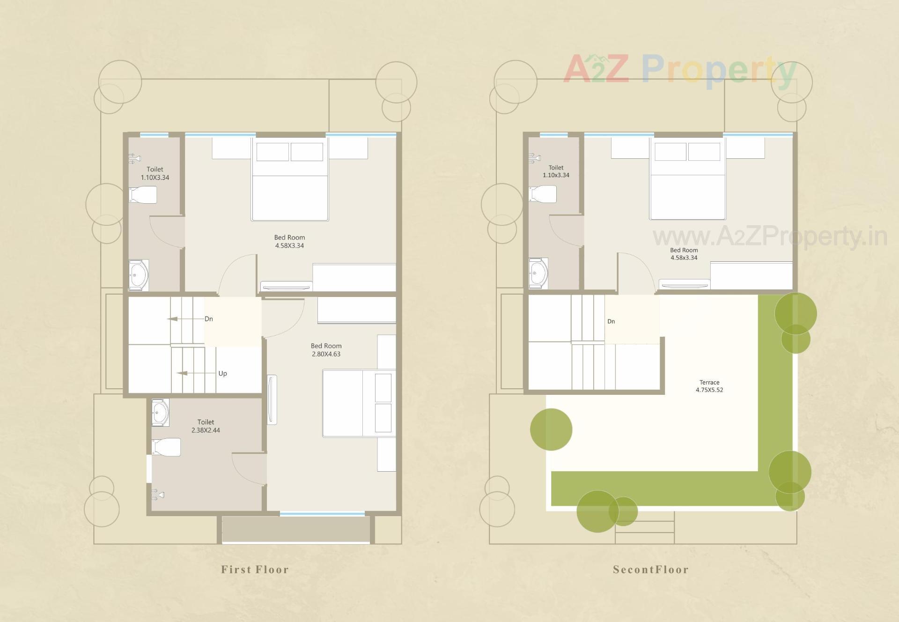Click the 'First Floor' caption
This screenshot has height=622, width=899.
[x=255, y=570]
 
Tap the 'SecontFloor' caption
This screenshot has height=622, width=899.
[x=651, y=570]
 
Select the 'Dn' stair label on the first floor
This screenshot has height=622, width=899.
[x=209, y=319]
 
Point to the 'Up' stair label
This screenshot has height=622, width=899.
[x=222, y=373]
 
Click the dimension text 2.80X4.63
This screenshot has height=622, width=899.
[x=326, y=354]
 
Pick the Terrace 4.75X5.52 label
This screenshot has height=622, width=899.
[x=709, y=386]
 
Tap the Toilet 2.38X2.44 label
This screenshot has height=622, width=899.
[x=206, y=426]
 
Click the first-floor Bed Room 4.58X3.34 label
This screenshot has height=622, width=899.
[x=289, y=242]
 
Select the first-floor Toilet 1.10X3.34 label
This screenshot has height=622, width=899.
[x=155, y=173]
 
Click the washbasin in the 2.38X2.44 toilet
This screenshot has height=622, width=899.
[x=160, y=413]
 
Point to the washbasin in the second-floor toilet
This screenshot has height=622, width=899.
[x=538, y=273]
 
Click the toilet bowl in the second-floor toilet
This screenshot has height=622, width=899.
[x=543, y=194]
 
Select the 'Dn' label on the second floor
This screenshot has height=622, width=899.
[x=611, y=321]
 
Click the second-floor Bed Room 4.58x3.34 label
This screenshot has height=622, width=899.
[x=684, y=254]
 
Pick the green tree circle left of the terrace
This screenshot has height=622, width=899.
[x=551, y=429]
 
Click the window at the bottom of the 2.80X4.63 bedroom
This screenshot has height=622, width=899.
[x=322, y=514]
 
